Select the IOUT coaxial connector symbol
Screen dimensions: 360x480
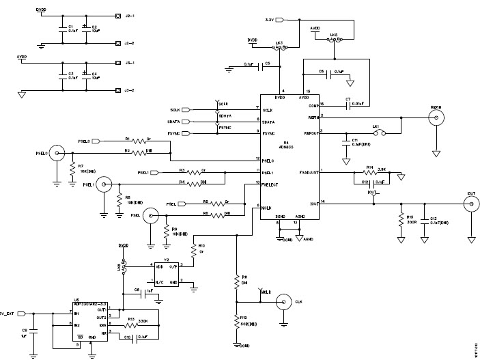tap(470, 203)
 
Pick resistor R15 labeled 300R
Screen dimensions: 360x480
tap(401, 219)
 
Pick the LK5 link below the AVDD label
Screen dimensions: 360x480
tap(335, 39)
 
